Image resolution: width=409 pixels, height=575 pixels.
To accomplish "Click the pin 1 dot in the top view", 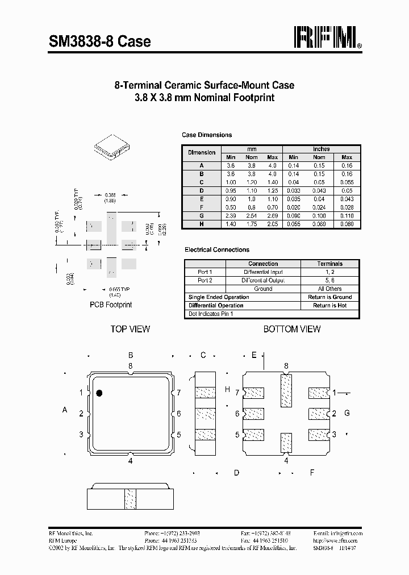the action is click(99, 393).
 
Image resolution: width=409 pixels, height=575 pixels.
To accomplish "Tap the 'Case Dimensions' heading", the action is click(207, 135).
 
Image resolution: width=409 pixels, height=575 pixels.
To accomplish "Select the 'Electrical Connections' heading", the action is click(217, 249).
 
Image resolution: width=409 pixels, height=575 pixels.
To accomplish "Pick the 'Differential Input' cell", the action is click(263, 272).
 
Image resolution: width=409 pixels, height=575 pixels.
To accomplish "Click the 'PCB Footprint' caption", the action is click(111, 305).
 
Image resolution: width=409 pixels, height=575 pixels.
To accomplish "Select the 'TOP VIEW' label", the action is click(130, 329).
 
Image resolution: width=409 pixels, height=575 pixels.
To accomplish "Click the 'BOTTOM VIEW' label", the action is click(292, 329).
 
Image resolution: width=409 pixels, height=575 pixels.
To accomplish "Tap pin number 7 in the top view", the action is click(178, 393).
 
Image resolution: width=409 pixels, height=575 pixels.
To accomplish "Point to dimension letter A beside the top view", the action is click(65, 410).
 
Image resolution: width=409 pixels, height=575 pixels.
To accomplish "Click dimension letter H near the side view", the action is click(227, 389).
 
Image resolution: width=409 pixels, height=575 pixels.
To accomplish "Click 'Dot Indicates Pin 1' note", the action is click(211, 314).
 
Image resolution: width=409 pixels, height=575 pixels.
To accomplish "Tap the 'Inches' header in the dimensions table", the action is click(321, 149).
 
